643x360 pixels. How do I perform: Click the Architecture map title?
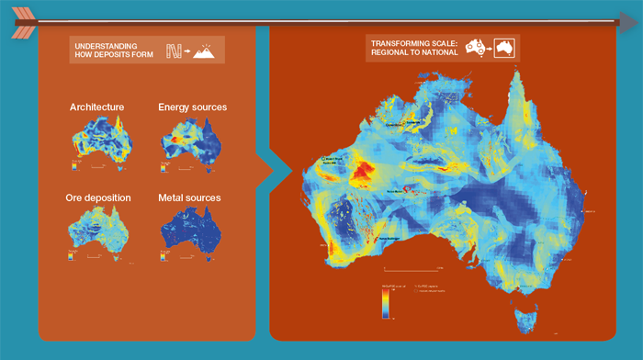(x=96, y=107)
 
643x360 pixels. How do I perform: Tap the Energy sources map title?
(x=192, y=107)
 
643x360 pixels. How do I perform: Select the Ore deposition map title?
(x=98, y=197)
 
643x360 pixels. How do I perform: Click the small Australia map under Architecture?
(x=101, y=142)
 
